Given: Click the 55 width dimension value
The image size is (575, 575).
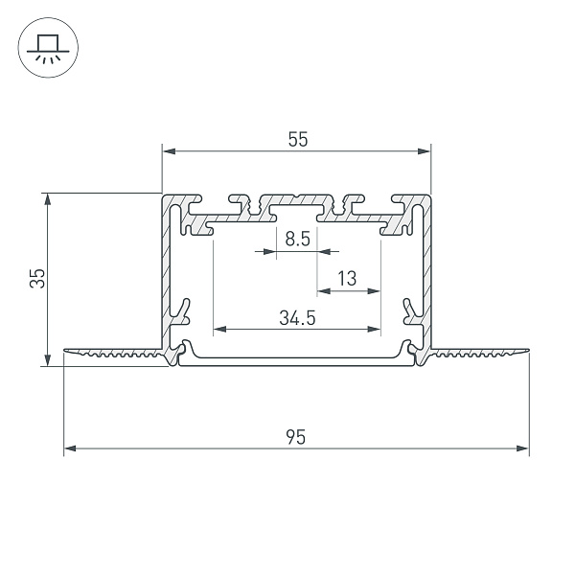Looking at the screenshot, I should [x=297, y=140].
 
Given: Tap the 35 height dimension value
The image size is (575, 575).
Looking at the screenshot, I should [x=36, y=279].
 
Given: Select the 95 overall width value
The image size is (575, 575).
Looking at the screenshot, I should [x=296, y=438].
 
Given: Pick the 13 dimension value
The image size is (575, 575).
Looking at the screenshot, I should [x=347, y=279].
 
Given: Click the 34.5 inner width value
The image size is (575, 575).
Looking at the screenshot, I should [x=298, y=318].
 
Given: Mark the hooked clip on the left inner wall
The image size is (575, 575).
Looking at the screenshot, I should [x=180, y=311].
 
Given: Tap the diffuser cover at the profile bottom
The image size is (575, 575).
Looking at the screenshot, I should [x=297, y=360].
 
